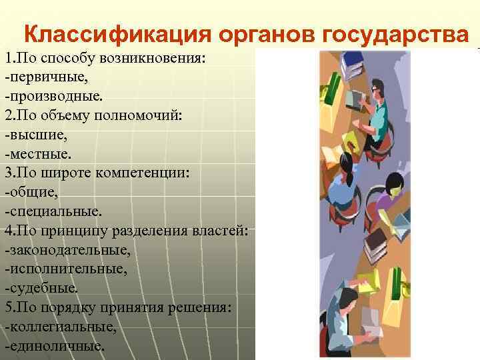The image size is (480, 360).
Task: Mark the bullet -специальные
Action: (x=53, y=211)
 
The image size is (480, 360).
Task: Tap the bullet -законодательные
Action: (x=67, y=250)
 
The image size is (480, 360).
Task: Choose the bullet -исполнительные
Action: (x=65, y=269)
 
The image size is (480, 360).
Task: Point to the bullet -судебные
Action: (x=41, y=289)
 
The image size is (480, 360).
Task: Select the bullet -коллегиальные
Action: (x=60, y=327)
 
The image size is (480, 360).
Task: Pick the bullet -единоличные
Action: (x=54, y=347)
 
